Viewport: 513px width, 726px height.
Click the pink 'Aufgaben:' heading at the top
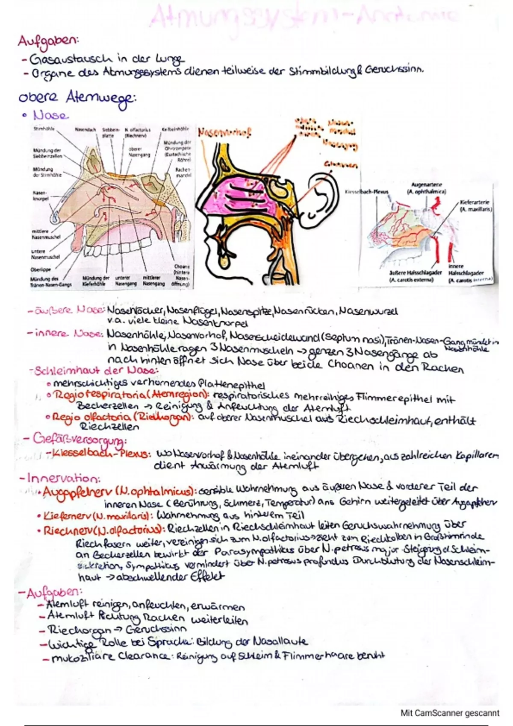48,41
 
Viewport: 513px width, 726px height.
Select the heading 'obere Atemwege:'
77,99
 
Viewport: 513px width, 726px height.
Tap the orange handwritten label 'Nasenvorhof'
224,133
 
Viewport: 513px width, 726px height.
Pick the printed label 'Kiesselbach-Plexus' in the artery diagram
367,192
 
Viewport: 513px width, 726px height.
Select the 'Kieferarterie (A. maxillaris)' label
475,206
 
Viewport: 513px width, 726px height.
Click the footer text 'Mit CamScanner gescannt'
450,713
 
